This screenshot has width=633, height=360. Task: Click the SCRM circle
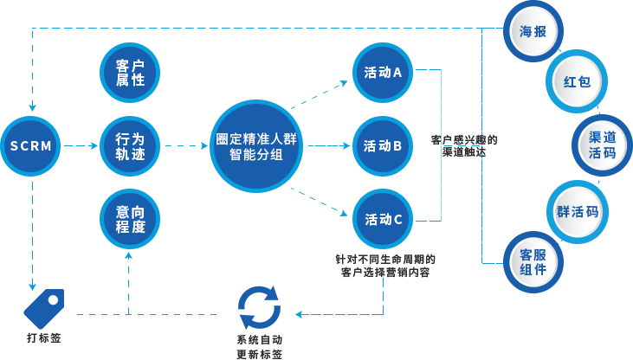(32, 146)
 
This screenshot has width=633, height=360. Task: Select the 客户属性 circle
(129, 72)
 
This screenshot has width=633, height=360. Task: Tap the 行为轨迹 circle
(129, 145)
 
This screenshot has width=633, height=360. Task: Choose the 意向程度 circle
(129, 219)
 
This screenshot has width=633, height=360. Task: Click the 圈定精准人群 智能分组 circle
(255, 146)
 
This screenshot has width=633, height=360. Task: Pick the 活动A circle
(383, 73)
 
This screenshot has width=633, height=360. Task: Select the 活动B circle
(383, 145)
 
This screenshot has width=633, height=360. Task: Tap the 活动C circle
(383, 219)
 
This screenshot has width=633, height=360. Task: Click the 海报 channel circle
(533, 32)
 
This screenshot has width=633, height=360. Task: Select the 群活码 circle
(578, 211)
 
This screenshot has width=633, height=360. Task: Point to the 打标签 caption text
(43, 337)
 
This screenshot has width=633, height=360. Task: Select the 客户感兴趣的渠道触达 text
(464, 145)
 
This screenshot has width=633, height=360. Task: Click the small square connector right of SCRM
(94, 145)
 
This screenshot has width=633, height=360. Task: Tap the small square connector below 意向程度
(128, 255)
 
